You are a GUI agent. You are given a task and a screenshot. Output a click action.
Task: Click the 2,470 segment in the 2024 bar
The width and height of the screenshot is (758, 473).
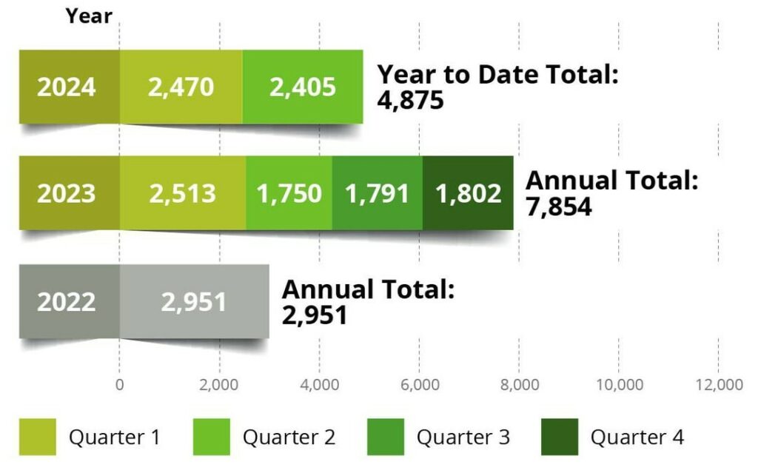click(181, 87)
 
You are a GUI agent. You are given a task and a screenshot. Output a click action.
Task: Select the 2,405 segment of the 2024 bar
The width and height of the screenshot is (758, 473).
click(302, 87)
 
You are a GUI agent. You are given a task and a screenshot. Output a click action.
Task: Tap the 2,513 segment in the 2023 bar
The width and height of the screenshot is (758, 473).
click(182, 193)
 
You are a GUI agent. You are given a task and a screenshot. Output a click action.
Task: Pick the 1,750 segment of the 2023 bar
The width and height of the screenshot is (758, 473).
click(289, 193)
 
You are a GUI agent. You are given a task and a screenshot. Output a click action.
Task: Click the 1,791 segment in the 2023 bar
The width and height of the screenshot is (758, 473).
click(377, 193)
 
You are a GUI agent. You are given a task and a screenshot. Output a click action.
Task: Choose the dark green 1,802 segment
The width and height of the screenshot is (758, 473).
click(468, 193)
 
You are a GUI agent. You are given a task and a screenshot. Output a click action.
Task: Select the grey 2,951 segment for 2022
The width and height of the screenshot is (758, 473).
click(194, 301)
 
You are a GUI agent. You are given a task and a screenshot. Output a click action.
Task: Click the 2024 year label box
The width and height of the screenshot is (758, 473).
click(67, 87)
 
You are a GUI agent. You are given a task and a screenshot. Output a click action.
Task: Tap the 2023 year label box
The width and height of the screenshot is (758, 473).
click(67, 193)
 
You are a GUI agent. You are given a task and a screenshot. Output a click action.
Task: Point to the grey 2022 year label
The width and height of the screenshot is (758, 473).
click(67, 301)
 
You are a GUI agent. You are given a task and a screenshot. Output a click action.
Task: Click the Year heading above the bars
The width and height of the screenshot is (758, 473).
click(89, 16)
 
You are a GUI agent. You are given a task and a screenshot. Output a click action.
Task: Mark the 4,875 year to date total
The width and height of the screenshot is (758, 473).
click(411, 100)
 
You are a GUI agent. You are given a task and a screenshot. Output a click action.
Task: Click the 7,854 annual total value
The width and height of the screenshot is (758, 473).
click(559, 207)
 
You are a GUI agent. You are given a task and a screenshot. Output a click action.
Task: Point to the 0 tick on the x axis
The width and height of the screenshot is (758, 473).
click(119, 385)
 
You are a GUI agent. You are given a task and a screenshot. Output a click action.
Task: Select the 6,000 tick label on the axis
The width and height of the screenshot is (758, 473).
click(420, 385)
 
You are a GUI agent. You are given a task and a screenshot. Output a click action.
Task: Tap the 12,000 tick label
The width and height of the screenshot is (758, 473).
click(719, 385)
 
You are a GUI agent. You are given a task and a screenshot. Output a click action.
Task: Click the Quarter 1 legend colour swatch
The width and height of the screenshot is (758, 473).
click(37, 437)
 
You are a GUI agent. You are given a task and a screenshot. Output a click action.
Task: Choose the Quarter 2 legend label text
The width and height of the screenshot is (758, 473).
click(289, 437)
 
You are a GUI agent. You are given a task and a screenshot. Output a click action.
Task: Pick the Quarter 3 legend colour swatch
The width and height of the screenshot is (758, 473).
click(385, 437)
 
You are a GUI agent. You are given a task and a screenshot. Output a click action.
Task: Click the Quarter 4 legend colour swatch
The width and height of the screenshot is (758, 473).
click(559, 437)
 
